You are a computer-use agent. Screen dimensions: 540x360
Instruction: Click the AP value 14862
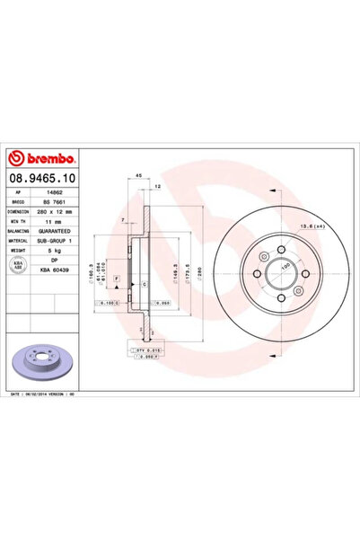(x=53, y=193)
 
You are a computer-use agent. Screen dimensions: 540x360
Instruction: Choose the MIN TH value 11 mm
(x=53, y=226)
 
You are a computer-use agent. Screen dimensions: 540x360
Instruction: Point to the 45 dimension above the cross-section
(x=140, y=174)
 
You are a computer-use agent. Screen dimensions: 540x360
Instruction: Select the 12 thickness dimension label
(x=157, y=187)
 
